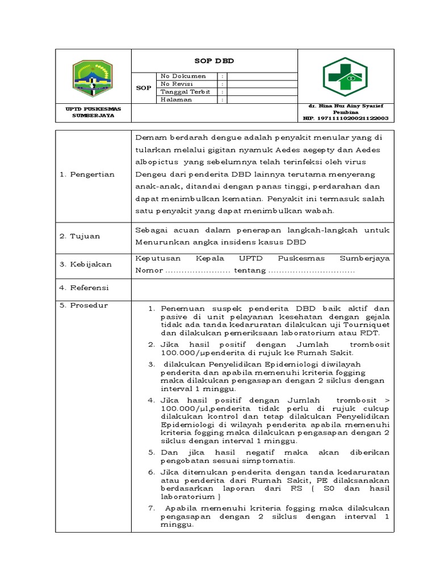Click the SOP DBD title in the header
[214, 61]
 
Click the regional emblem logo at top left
[93, 79]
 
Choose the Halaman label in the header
[176, 99]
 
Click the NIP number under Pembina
[345, 118]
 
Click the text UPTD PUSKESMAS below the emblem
[93, 108]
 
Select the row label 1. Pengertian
[87, 174]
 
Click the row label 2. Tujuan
[79, 236]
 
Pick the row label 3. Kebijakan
[85, 264]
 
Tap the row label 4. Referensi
[84, 288]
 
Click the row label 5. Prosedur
[83, 305]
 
